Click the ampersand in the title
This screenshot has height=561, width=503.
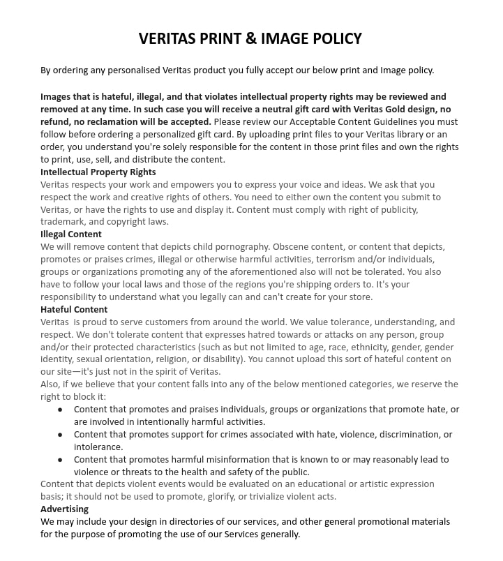(x=250, y=38)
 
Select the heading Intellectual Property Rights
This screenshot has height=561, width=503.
(x=98, y=172)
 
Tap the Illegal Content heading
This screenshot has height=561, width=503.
(x=71, y=234)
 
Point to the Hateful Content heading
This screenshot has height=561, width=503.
(x=74, y=309)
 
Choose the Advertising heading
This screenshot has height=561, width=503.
(x=64, y=509)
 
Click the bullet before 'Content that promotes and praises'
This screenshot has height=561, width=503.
(x=60, y=410)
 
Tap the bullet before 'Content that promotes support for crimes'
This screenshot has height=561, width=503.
(x=60, y=435)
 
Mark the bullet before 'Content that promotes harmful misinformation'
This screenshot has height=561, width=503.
(x=60, y=460)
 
